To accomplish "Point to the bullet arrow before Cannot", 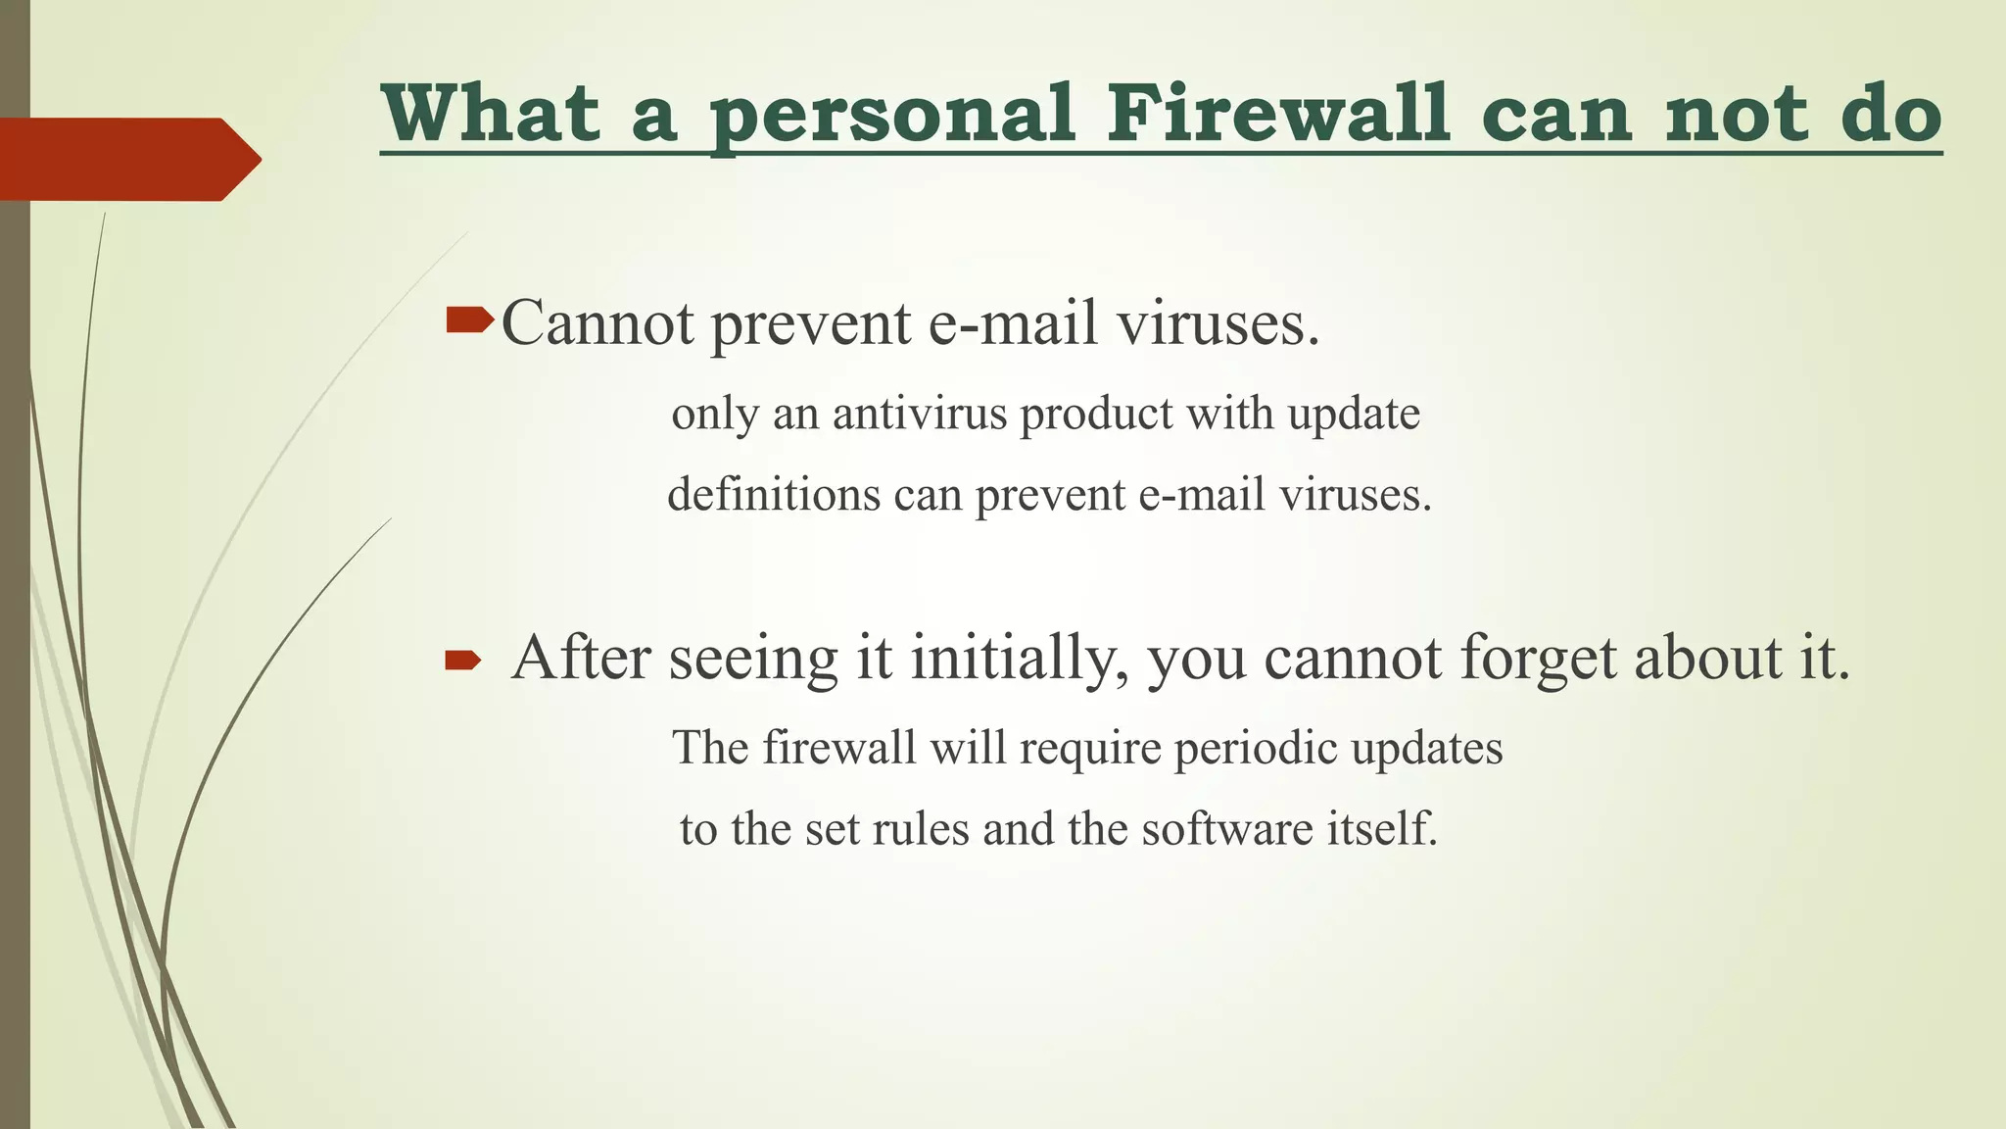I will (469, 319).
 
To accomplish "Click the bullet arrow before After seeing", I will (462, 662).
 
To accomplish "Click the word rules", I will (920, 829).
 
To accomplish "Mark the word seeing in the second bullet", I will (753, 659).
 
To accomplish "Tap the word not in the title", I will (1736, 116).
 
